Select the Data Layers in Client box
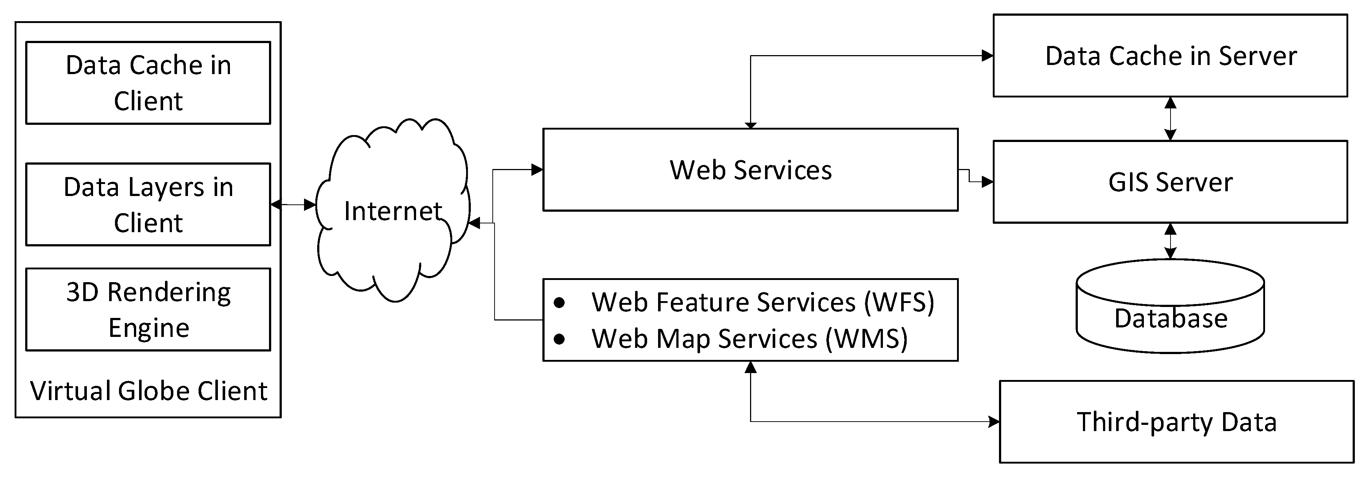(148, 204)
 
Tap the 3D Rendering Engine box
(148, 309)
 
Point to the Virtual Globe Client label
(148, 391)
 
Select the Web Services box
(750, 169)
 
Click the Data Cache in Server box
(1170, 55)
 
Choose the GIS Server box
(1170, 182)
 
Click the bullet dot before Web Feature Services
(559, 303)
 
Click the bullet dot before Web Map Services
(559, 339)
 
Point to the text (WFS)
(899, 302)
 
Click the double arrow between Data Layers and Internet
(293, 204)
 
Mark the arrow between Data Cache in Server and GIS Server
(1170, 118)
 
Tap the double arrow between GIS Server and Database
(1170, 241)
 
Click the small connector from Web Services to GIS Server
(975, 177)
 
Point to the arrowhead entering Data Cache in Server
(987, 55)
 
